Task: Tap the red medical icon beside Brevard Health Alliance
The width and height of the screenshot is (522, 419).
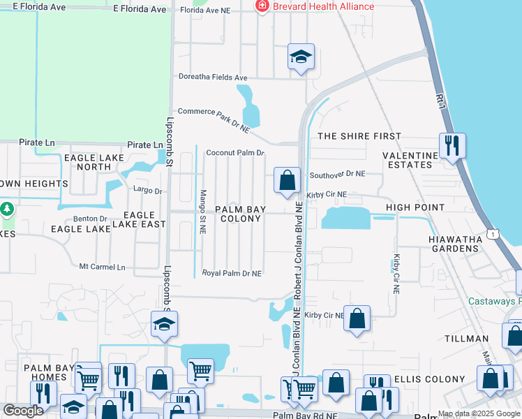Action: point(262,6)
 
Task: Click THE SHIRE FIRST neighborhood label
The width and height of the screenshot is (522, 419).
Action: point(359,136)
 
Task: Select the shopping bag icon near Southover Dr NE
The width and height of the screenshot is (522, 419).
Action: point(287,180)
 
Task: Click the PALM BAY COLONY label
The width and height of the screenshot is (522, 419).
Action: point(238,214)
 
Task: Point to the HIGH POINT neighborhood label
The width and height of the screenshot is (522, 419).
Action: point(415,207)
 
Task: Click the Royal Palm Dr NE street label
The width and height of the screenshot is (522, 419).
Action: point(232,273)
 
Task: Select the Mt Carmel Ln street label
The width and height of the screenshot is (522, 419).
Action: point(102,267)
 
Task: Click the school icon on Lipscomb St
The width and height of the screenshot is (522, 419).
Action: point(165,324)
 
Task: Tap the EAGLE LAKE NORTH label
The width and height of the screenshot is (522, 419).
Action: point(93,163)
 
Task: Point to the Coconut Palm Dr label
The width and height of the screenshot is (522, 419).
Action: point(235,152)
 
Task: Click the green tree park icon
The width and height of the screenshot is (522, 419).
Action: point(6,209)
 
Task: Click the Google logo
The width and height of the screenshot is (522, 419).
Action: point(23,411)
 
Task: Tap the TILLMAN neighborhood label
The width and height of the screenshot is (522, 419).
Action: point(467,339)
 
